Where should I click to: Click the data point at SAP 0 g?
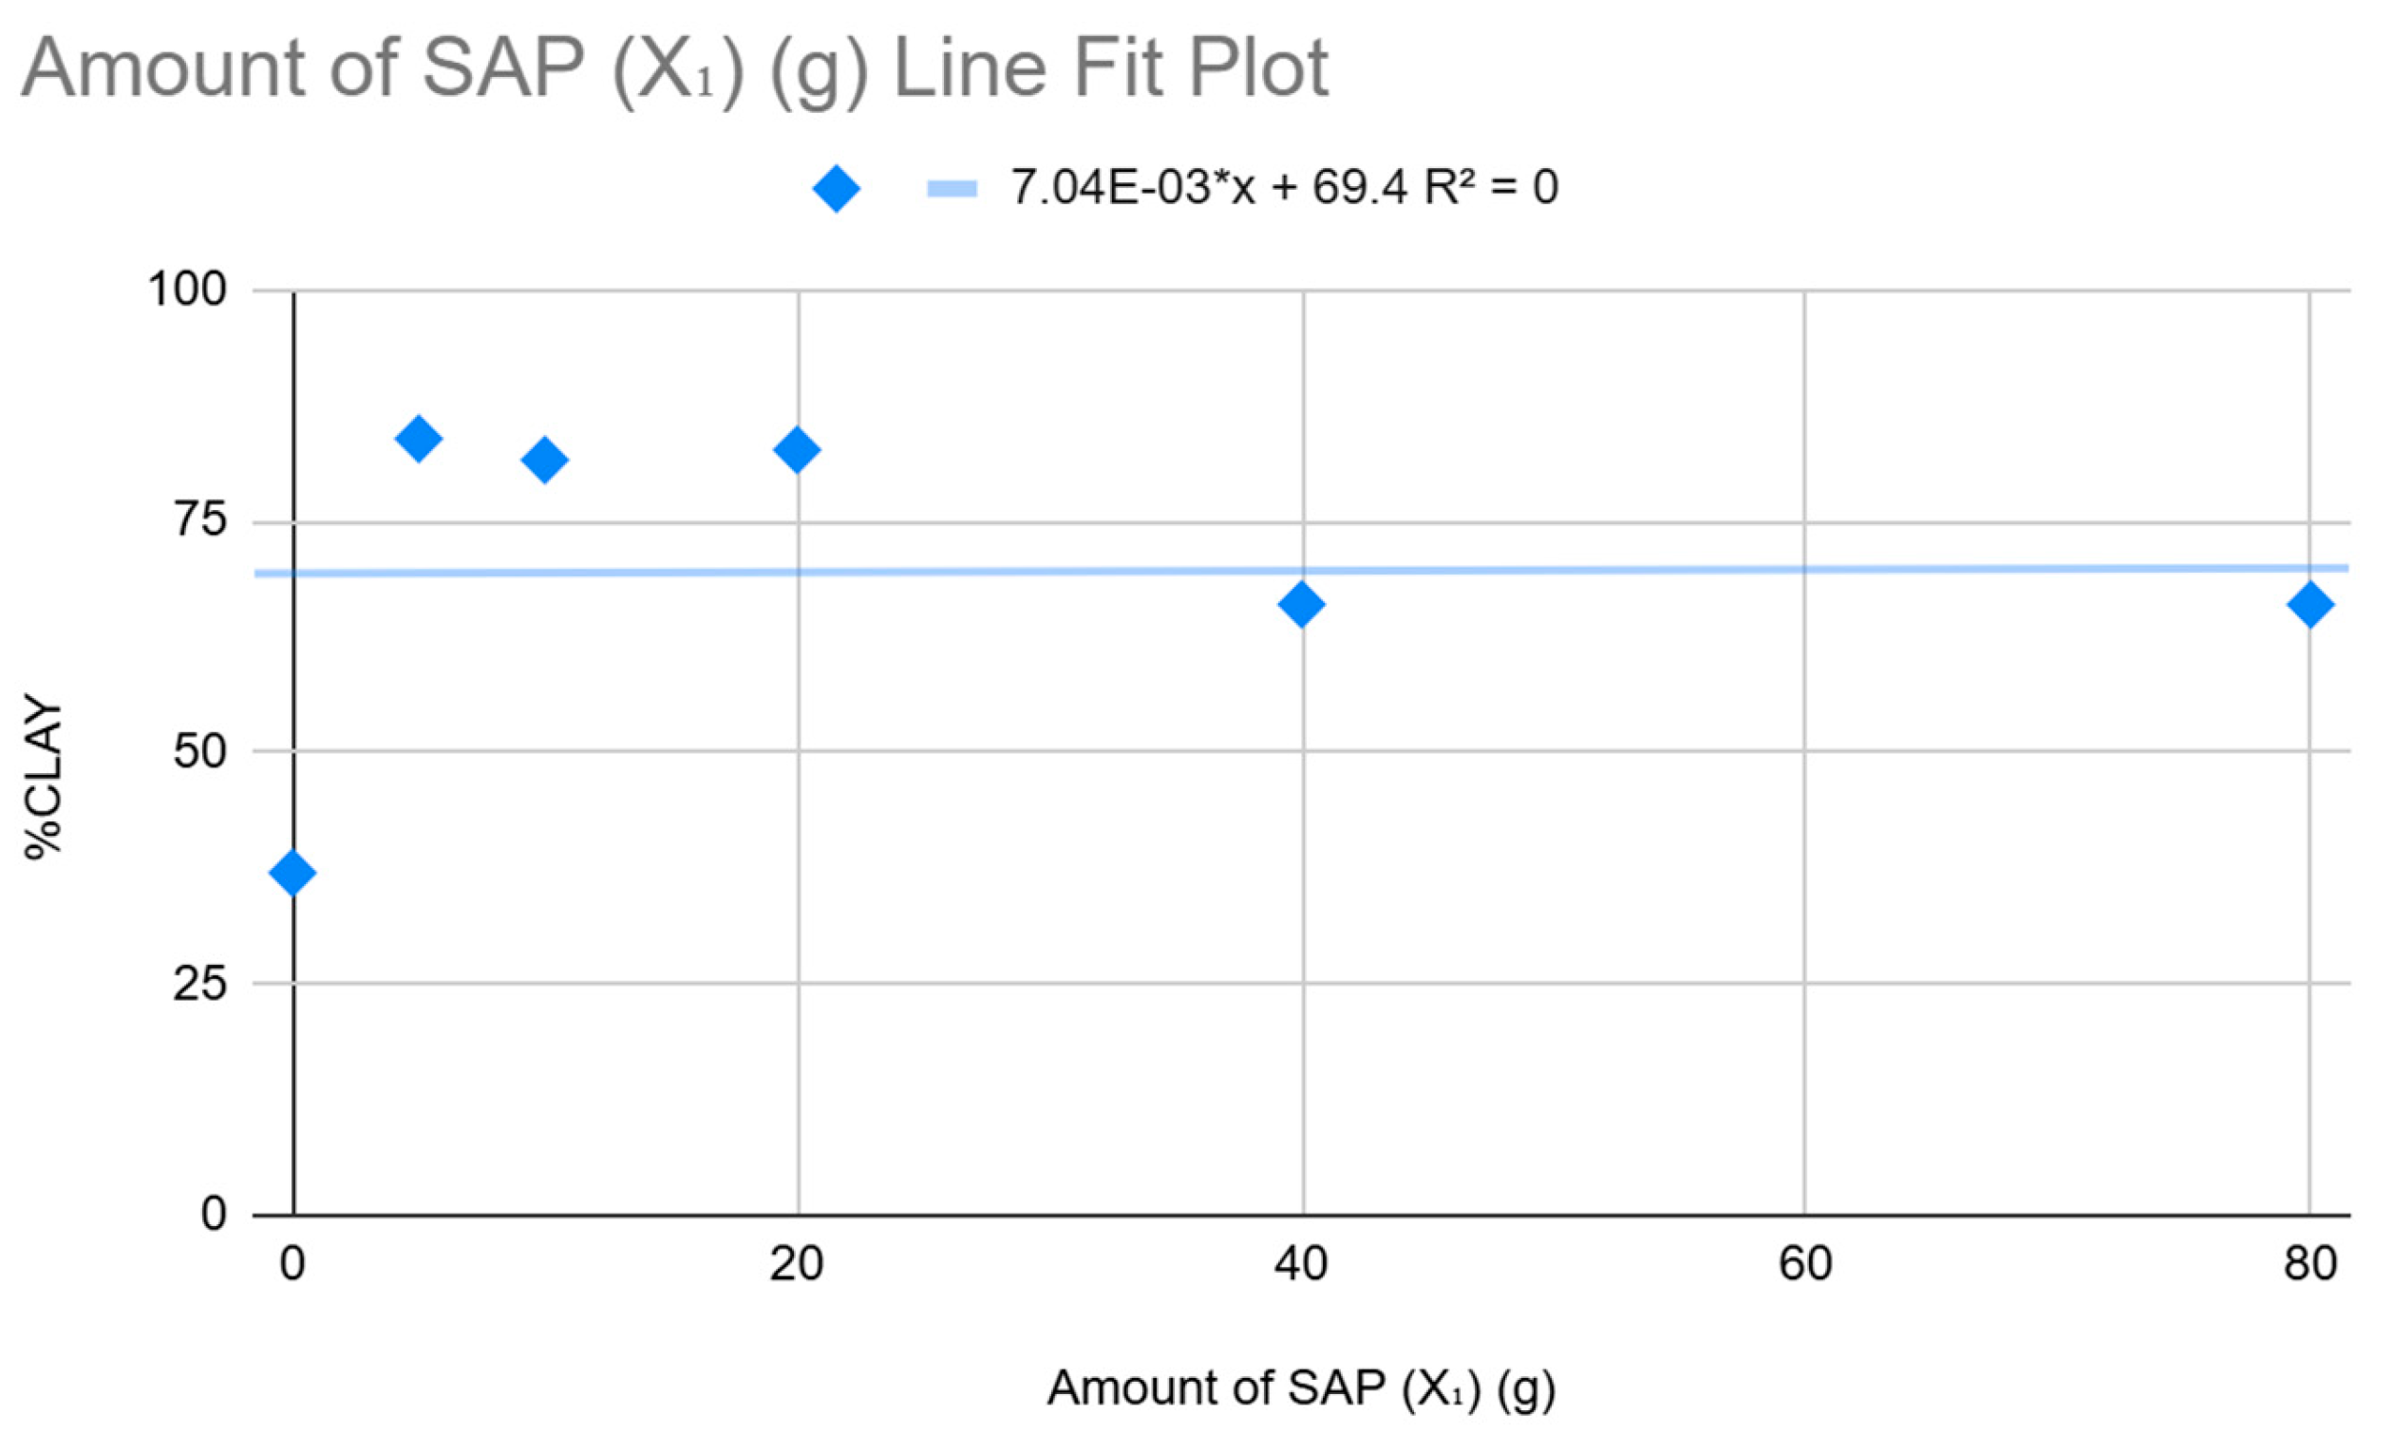tap(292, 873)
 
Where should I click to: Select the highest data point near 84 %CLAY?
tap(419, 439)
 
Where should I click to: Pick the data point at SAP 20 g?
tap(797, 449)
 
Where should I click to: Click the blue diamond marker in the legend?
tap(837, 187)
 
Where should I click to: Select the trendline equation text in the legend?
tap(1284, 186)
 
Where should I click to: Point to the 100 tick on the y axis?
tap(186, 289)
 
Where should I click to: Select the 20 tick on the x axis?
tap(797, 1264)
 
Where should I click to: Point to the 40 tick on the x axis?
tap(1301, 1264)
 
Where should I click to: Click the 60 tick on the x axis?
tap(1804, 1264)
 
